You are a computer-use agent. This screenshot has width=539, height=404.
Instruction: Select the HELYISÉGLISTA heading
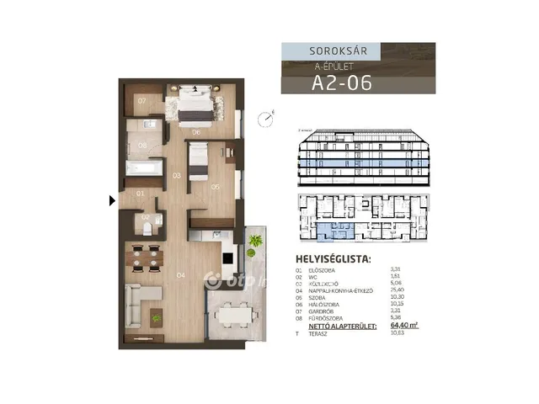(x=334, y=258)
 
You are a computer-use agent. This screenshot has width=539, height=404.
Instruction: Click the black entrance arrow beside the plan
(x=112, y=200)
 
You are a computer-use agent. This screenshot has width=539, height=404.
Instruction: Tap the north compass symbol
(x=267, y=119)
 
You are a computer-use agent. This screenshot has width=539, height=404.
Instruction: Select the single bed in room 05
(x=199, y=160)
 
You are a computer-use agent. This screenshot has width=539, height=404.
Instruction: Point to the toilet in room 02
(x=146, y=226)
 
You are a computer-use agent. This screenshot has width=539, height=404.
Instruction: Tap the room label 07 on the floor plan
(x=142, y=101)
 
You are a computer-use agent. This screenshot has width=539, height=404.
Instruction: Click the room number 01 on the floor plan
(x=141, y=194)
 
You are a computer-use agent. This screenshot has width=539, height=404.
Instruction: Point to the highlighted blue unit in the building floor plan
(x=326, y=228)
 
